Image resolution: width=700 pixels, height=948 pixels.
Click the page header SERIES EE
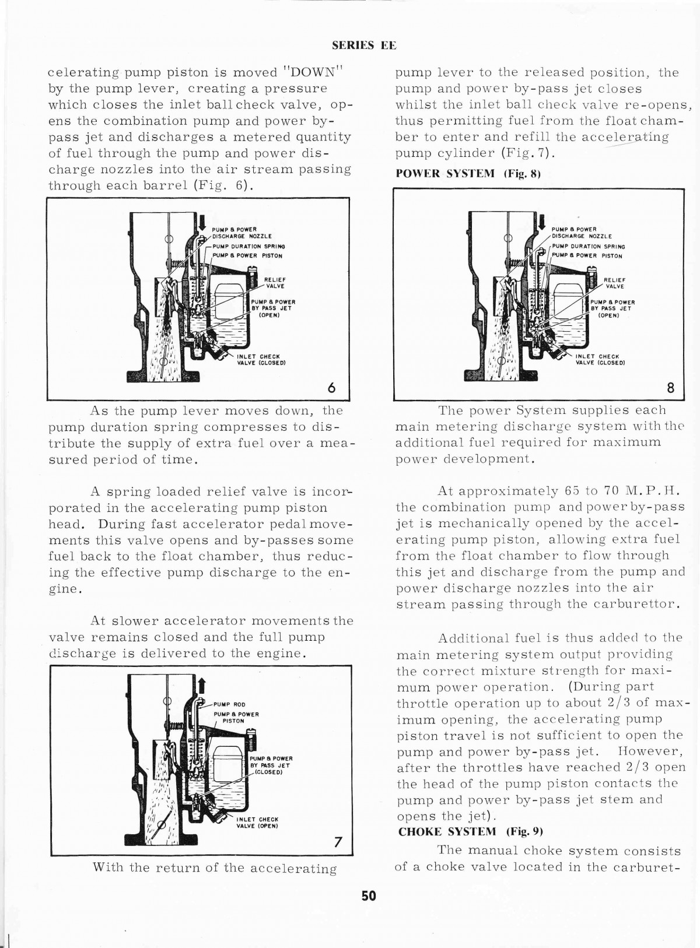click(365, 45)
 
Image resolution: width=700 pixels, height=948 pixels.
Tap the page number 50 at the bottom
click(368, 896)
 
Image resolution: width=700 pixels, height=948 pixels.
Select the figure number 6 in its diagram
click(331, 388)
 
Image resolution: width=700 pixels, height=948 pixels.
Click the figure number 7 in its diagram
click(338, 841)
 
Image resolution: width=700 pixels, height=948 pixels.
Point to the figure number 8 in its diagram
click(670, 388)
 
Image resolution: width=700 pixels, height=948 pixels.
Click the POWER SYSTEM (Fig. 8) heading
click(468, 174)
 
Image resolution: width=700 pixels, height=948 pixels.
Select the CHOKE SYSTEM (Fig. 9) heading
click(470, 832)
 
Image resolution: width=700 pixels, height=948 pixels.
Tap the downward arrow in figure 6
click(202, 222)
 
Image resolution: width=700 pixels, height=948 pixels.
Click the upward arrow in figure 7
click(202, 687)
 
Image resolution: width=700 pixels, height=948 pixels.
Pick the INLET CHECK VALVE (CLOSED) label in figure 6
click(261, 360)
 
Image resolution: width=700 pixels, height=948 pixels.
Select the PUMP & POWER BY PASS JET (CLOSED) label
click(271, 766)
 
